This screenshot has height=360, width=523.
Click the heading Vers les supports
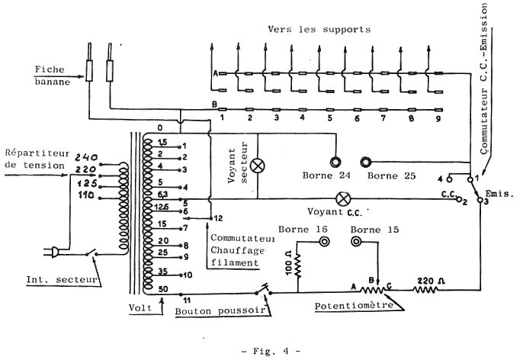[319, 29]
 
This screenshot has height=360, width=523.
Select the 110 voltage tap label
[85, 196]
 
